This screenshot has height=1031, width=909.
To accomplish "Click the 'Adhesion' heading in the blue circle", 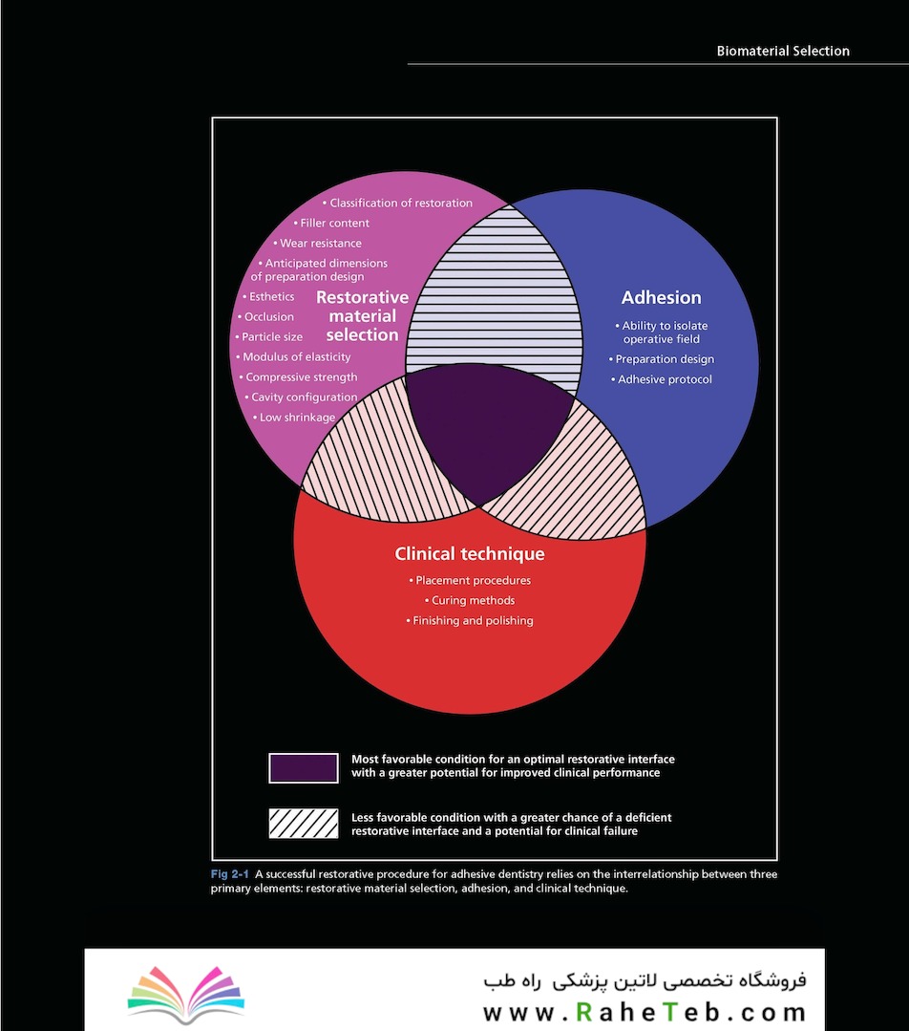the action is (661, 298).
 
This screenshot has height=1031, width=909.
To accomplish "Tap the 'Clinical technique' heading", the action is (469, 554).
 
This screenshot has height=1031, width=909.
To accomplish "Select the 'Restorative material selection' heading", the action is (362, 316).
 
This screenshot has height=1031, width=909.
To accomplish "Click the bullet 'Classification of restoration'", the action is (397, 204).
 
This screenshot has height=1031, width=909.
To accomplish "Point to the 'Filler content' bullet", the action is (331, 224).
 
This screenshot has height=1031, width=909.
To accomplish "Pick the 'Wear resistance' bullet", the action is (317, 244).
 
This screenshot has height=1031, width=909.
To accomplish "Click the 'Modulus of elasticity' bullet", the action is (293, 357).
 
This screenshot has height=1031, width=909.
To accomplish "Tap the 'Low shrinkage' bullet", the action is (294, 418).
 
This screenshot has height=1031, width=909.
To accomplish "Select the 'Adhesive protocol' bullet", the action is (661, 379).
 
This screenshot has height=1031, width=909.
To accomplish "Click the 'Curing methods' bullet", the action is (469, 600).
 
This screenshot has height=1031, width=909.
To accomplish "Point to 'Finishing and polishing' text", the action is (469, 621).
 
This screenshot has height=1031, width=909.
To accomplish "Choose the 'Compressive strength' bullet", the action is (298, 377).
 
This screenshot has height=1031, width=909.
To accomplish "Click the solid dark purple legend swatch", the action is (304, 768).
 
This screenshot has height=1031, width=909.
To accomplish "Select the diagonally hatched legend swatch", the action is (304, 824).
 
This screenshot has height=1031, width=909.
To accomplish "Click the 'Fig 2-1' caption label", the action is (229, 874).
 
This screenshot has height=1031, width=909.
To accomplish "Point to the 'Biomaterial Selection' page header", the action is (783, 52).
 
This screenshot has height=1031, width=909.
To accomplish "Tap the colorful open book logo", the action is (186, 994).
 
